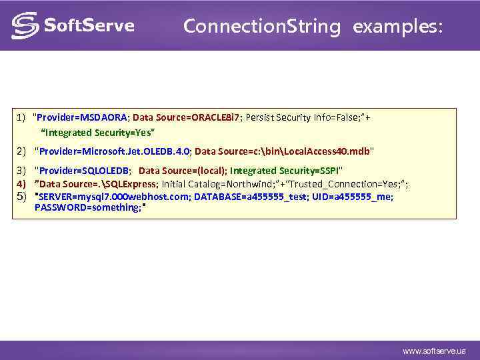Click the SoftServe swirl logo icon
tap(25, 26)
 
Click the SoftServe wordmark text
tap(89, 26)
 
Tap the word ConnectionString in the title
tap(261, 27)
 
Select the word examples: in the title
tap(397, 27)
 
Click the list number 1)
tap(21, 117)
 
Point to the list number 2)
tap(21, 151)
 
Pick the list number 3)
tap(21, 171)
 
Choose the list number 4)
tap(21, 184)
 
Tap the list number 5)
tap(21, 197)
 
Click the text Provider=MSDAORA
tap(83, 117)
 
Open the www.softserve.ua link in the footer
tap(434, 351)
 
